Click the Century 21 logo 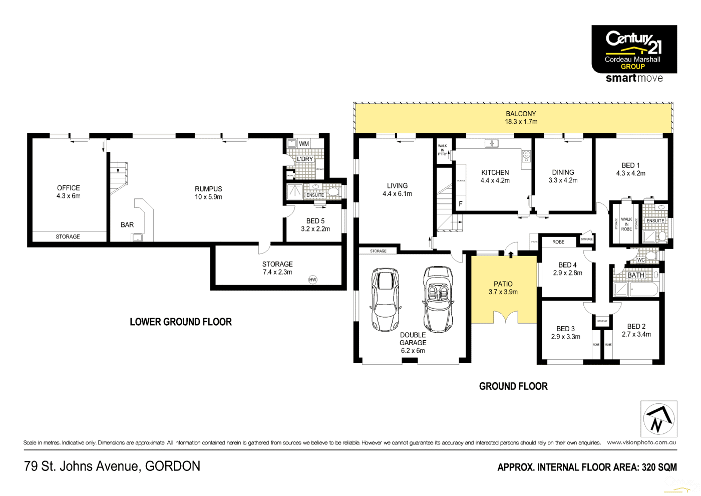(x=634, y=49)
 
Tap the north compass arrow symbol (x=658, y=419)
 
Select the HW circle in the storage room (x=312, y=280)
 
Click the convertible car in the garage (x=438, y=299)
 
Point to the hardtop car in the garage (x=385, y=300)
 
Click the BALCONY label (x=521, y=114)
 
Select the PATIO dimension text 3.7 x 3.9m (x=503, y=292)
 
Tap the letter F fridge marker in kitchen (x=461, y=204)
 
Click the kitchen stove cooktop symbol (x=526, y=156)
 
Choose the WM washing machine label (x=303, y=144)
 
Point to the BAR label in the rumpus (x=127, y=225)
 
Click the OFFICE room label (x=68, y=188)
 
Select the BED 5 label (x=315, y=221)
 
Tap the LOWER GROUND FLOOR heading (x=181, y=322)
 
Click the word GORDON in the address (x=173, y=466)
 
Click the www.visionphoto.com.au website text (x=641, y=442)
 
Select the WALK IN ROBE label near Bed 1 (x=626, y=224)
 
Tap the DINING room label (x=563, y=172)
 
